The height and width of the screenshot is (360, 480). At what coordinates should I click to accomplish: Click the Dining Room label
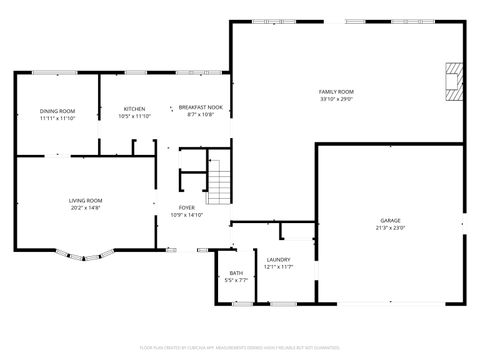pyautogui.click(x=58, y=110)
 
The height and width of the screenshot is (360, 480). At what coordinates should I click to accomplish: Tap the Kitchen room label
pyautogui.click(x=134, y=109)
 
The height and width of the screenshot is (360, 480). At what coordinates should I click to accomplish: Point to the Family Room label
pyautogui.click(x=336, y=92)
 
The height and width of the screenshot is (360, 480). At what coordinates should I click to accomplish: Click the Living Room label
pyautogui.click(x=86, y=201)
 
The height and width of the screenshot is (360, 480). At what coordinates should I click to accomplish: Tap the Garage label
pyautogui.click(x=390, y=220)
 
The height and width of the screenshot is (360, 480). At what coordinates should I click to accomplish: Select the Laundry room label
pyautogui.click(x=278, y=260)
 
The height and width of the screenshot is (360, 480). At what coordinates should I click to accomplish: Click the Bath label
pyautogui.click(x=236, y=273)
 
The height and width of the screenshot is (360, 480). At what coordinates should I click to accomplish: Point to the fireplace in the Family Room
pyautogui.click(x=455, y=80)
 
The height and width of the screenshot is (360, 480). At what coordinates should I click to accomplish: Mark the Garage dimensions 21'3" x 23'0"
pyautogui.click(x=390, y=228)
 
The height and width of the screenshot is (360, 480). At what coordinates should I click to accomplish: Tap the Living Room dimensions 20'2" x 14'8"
pyautogui.click(x=86, y=209)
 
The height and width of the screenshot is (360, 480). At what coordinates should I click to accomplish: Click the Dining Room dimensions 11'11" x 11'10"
pyautogui.click(x=58, y=118)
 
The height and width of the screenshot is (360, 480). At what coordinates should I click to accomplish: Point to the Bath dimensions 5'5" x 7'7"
pyautogui.click(x=236, y=281)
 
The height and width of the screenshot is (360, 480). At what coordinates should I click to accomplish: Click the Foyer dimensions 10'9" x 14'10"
pyautogui.click(x=187, y=215)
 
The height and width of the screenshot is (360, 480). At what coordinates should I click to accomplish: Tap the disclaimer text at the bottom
pyautogui.click(x=240, y=346)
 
